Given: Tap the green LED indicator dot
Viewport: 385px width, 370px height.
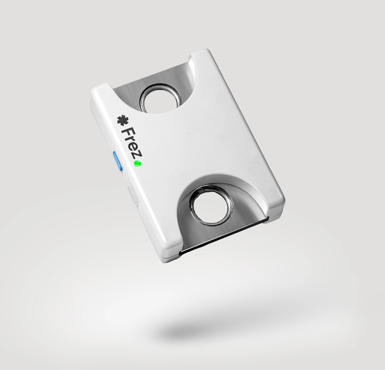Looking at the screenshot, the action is pos(137,164).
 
